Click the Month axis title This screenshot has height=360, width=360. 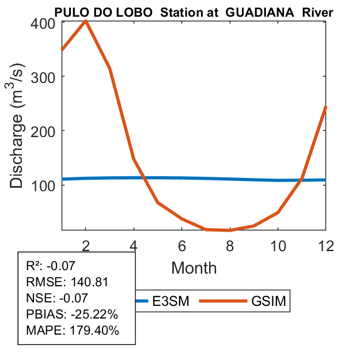194,268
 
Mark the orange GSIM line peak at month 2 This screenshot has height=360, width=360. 86,21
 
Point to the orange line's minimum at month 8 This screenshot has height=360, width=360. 229,230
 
